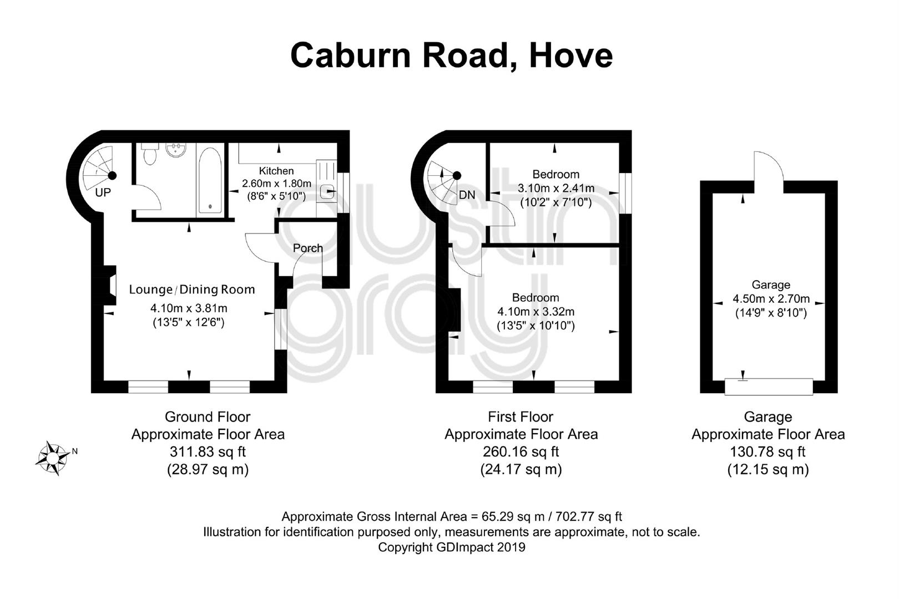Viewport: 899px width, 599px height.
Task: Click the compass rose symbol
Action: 53,458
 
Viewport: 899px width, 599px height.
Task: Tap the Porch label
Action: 307,248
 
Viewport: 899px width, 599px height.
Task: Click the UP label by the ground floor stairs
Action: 103,193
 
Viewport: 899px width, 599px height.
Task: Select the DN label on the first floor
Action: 467,195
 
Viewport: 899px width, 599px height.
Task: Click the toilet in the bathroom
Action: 149,154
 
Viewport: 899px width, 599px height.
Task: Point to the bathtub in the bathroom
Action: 210,180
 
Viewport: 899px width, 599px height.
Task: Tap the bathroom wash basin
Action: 176,150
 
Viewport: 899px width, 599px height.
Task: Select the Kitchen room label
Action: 276,171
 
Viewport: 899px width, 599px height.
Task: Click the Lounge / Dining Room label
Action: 192,290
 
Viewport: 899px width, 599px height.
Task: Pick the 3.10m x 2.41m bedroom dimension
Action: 556,188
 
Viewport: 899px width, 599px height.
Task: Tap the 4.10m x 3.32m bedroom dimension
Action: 536,311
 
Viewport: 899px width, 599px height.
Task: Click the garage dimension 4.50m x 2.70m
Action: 771,298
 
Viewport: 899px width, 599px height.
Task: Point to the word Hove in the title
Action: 570,55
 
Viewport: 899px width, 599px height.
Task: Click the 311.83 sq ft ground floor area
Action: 208,452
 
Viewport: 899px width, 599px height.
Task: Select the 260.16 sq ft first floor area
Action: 521,452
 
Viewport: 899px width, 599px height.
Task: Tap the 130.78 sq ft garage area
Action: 767,452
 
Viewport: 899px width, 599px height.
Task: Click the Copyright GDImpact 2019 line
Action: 452,547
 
